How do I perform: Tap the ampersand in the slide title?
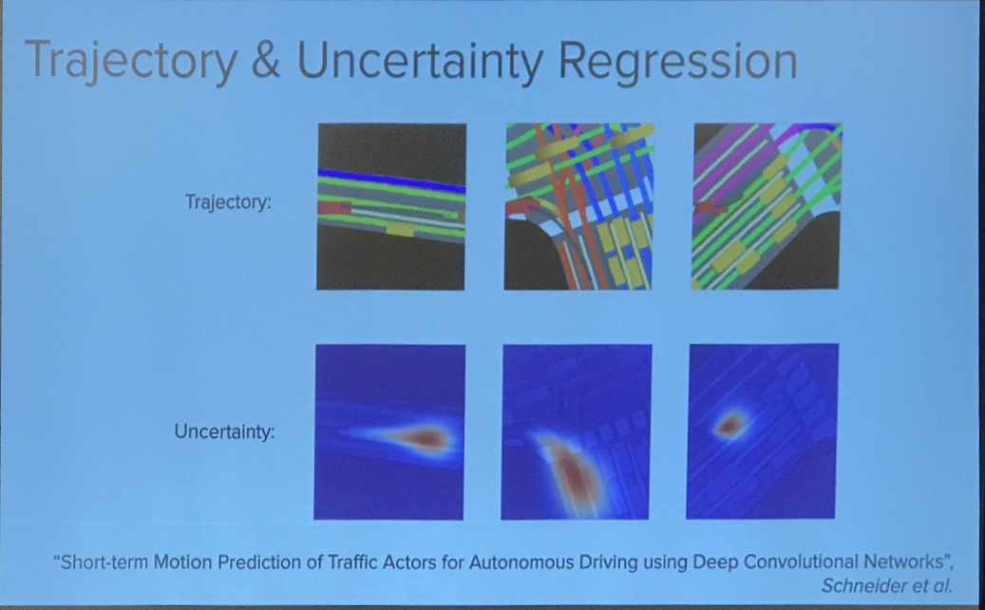[265, 60]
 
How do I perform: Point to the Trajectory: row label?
[228, 202]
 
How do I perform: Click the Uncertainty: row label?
[224, 431]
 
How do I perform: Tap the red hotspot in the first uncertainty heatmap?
[421, 437]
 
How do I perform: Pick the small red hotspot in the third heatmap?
[729, 426]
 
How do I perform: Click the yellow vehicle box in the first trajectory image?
[400, 229]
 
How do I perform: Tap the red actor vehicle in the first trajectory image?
[333, 207]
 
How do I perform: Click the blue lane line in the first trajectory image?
[391, 180]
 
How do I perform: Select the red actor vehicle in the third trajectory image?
[710, 207]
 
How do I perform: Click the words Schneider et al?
[886, 585]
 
